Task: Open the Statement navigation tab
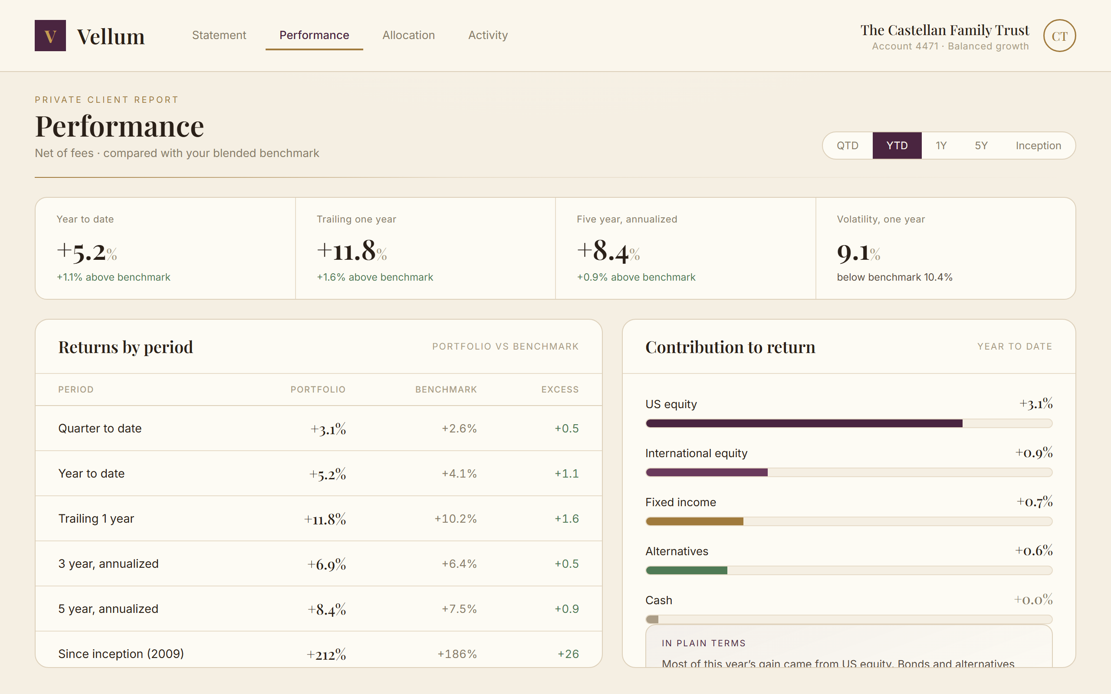pyautogui.click(x=219, y=35)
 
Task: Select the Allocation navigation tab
pyautogui.click(x=408, y=35)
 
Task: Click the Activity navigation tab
pyautogui.click(x=488, y=35)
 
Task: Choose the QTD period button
pyautogui.click(x=848, y=145)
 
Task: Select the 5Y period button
pyautogui.click(x=981, y=145)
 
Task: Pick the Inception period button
pyautogui.click(x=1038, y=145)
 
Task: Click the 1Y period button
pyautogui.click(x=941, y=145)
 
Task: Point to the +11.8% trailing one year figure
pyautogui.click(x=352, y=251)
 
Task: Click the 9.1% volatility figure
pyautogui.click(x=858, y=252)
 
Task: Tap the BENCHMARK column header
pyautogui.click(x=446, y=390)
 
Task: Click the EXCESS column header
pyautogui.click(x=560, y=390)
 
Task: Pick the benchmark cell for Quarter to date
pyautogui.click(x=459, y=429)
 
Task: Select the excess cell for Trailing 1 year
pyautogui.click(x=566, y=519)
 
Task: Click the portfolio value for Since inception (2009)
pyautogui.click(x=326, y=654)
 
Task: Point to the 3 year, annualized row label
pyautogui.click(x=108, y=563)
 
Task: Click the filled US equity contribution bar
pyautogui.click(x=804, y=423)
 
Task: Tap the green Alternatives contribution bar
pyautogui.click(x=686, y=570)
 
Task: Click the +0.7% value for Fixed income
pyautogui.click(x=1034, y=502)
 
